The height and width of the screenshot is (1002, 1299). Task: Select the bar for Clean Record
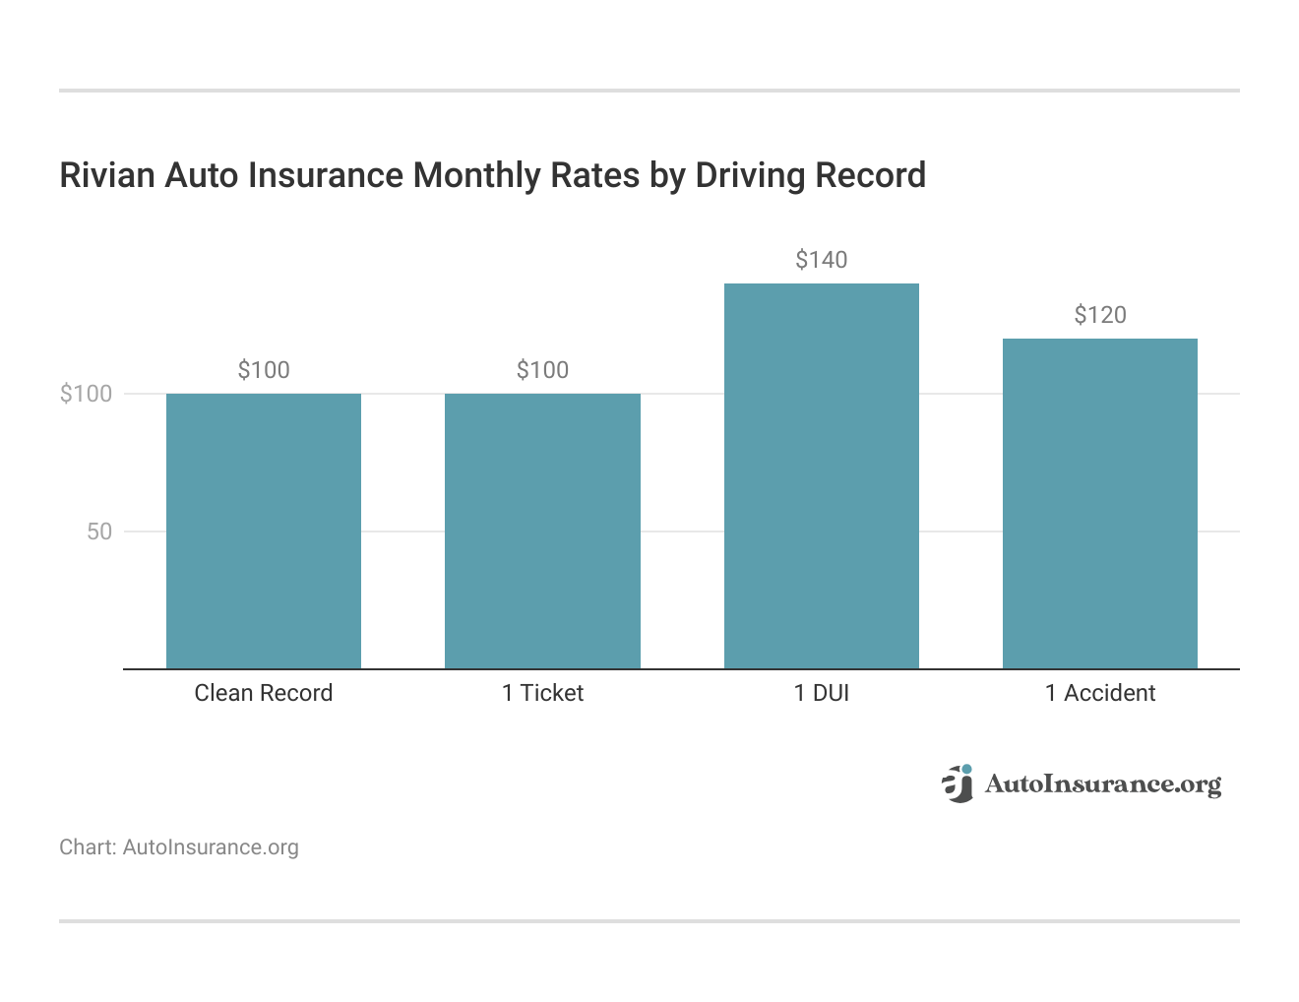(264, 532)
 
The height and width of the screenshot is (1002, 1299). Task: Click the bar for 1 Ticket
(542, 532)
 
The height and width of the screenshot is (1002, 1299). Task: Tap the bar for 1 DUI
(822, 476)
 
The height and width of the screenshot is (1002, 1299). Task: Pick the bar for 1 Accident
(1100, 504)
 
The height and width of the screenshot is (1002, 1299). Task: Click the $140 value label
(822, 260)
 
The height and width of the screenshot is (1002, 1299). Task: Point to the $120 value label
(1100, 315)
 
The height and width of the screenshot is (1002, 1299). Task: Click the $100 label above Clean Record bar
(264, 370)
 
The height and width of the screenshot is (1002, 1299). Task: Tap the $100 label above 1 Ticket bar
(542, 370)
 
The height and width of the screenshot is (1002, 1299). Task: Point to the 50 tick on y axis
(99, 532)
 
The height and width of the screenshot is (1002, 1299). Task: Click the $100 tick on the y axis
(87, 394)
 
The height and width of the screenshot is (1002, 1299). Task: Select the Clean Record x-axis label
(264, 693)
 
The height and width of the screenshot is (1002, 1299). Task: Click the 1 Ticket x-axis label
(542, 693)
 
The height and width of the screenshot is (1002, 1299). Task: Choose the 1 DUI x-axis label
(822, 693)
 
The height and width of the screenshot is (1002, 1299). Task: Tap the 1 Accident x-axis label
(1100, 693)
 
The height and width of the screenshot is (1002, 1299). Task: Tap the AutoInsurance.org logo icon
(957, 783)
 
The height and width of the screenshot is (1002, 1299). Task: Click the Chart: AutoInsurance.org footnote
(179, 847)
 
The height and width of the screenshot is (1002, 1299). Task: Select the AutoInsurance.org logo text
(1102, 784)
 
